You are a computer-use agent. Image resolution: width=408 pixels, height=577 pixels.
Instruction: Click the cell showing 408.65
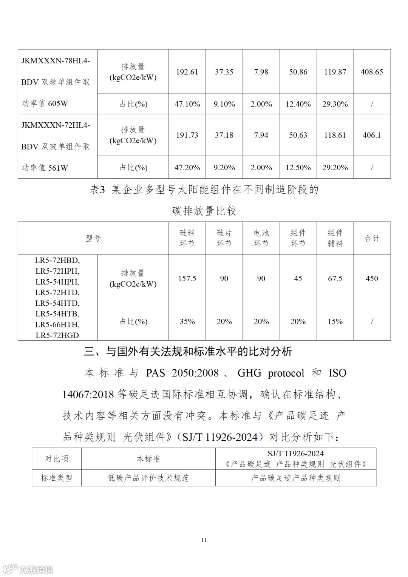coord(372,72)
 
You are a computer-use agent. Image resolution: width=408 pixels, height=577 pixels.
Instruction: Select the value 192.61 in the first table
coord(187,72)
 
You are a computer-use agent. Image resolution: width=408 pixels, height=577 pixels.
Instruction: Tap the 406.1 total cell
coord(372,135)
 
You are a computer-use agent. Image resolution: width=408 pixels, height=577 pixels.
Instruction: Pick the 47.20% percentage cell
coord(187,168)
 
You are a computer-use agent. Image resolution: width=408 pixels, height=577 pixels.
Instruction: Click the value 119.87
coord(335,72)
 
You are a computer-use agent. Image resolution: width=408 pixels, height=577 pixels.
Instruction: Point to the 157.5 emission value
coord(187,279)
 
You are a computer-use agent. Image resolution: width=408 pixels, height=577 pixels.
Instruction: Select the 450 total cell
coord(372,279)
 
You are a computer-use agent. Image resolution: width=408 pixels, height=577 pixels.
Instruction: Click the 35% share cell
coord(187,322)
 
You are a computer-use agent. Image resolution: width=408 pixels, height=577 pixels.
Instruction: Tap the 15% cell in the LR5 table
coord(335,322)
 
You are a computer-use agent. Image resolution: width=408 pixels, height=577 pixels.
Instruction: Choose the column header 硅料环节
coord(187,238)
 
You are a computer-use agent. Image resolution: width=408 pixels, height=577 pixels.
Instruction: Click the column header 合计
coord(372,238)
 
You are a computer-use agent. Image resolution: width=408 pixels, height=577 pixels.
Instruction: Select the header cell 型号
coord(93,238)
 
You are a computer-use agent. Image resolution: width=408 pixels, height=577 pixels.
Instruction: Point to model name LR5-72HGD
coord(57,335)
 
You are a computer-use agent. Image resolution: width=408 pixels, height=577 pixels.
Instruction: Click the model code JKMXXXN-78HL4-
coord(56,61)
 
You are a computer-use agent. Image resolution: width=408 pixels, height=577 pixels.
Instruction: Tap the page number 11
coord(204,540)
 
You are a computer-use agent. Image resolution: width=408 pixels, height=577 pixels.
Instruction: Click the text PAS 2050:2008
coord(182,373)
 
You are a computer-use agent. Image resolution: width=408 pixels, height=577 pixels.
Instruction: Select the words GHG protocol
coord(270,373)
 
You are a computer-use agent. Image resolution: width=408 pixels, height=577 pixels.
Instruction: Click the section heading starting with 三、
coord(188,352)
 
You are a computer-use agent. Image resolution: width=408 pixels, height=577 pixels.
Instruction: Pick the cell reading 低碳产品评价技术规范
coord(148,478)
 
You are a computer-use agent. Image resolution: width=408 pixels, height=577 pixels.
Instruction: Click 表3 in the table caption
coord(97,190)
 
